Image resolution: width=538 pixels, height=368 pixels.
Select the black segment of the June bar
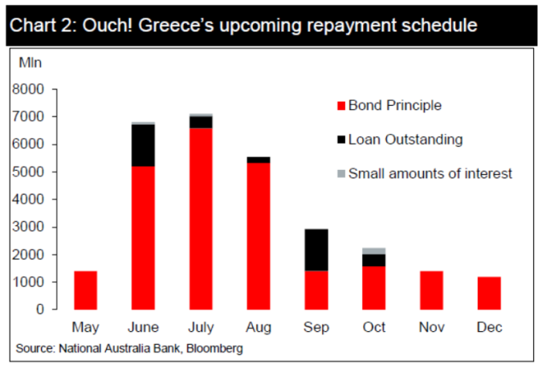[x=143, y=145]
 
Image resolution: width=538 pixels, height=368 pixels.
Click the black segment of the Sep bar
[x=316, y=250]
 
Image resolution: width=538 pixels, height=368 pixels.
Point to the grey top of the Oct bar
[x=373, y=251]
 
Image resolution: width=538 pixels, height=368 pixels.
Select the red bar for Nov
[x=431, y=290]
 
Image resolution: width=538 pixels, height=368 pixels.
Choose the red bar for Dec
[x=489, y=293]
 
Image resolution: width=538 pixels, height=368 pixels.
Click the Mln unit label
[x=31, y=62]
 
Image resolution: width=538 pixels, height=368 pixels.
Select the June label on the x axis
[x=143, y=327]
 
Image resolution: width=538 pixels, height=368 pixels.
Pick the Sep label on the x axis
[x=316, y=327]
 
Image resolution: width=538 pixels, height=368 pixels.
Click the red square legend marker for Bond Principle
[x=340, y=106]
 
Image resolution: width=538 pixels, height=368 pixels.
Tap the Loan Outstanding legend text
[x=405, y=140]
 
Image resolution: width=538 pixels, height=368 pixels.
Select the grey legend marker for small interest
[x=340, y=173]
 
